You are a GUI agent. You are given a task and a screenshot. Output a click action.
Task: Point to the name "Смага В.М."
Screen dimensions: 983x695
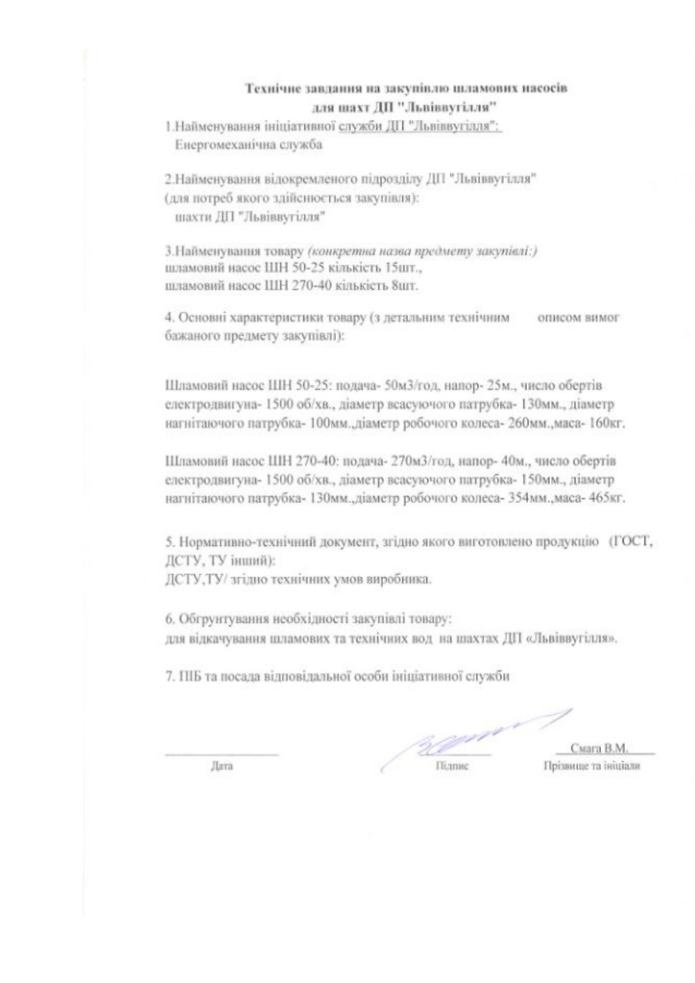pos(598,748)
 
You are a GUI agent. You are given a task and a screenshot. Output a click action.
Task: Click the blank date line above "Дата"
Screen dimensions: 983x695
pos(222,753)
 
